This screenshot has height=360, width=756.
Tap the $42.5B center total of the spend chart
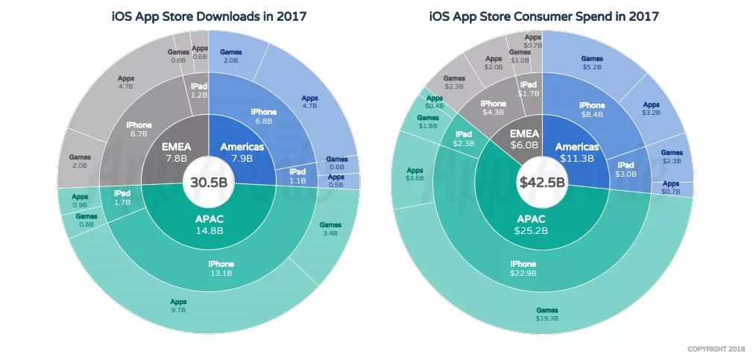tap(543, 182)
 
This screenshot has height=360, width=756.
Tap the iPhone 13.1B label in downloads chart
tap(221, 268)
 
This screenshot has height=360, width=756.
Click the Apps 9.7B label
tap(178, 306)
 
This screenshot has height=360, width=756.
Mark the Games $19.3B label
tap(546, 314)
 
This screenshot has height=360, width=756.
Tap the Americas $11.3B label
tap(577, 152)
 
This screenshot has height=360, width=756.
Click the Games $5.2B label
tap(592, 63)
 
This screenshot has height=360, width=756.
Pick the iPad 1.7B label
tap(122, 198)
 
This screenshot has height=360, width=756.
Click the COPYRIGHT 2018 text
tap(715, 347)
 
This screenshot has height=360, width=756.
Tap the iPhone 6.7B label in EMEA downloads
tap(139, 128)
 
